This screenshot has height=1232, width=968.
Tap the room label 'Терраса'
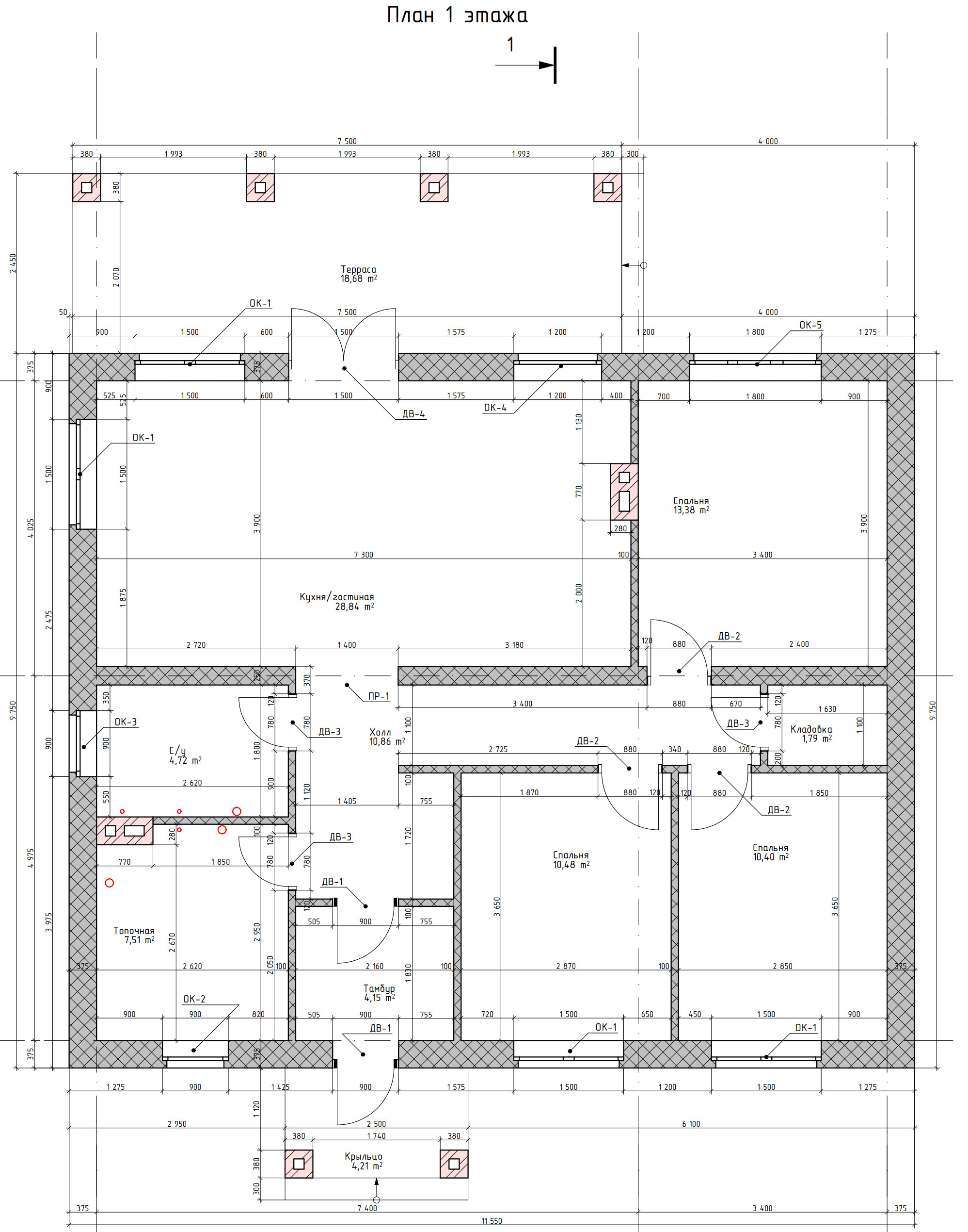coord(358,269)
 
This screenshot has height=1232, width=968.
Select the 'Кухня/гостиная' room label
coord(337,597)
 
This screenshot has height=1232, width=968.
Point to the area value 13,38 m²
coord(691,510)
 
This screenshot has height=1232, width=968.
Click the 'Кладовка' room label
coord(811,729)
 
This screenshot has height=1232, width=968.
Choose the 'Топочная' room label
coord(134,930)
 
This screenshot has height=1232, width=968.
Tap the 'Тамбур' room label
coord(379,988)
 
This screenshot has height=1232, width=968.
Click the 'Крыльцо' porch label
coord(363,1156)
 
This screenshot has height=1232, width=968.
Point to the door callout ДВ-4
coord(413,414)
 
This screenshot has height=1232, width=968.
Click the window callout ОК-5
coord(810,325)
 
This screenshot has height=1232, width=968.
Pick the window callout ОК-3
coord(126,722)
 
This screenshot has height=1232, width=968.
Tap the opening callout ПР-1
coord(379,696)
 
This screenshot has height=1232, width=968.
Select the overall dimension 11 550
coord(492,1221)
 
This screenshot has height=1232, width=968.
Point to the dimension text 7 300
coord(363,555)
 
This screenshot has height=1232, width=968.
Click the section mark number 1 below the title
coord(510,44)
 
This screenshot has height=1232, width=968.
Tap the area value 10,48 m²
coord(571,865)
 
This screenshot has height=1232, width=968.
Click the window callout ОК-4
coord(495,407)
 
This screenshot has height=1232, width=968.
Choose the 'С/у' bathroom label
coord(177,751)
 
